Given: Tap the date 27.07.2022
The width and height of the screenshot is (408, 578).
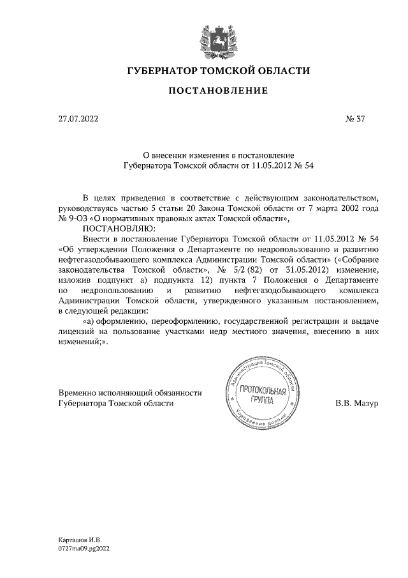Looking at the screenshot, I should [78, 119].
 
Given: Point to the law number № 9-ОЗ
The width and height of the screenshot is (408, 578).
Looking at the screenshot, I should [74, 218].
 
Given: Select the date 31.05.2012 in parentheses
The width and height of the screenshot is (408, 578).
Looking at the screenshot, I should [304, 270].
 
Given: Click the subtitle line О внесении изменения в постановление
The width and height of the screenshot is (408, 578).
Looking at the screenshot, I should [217, 155].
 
